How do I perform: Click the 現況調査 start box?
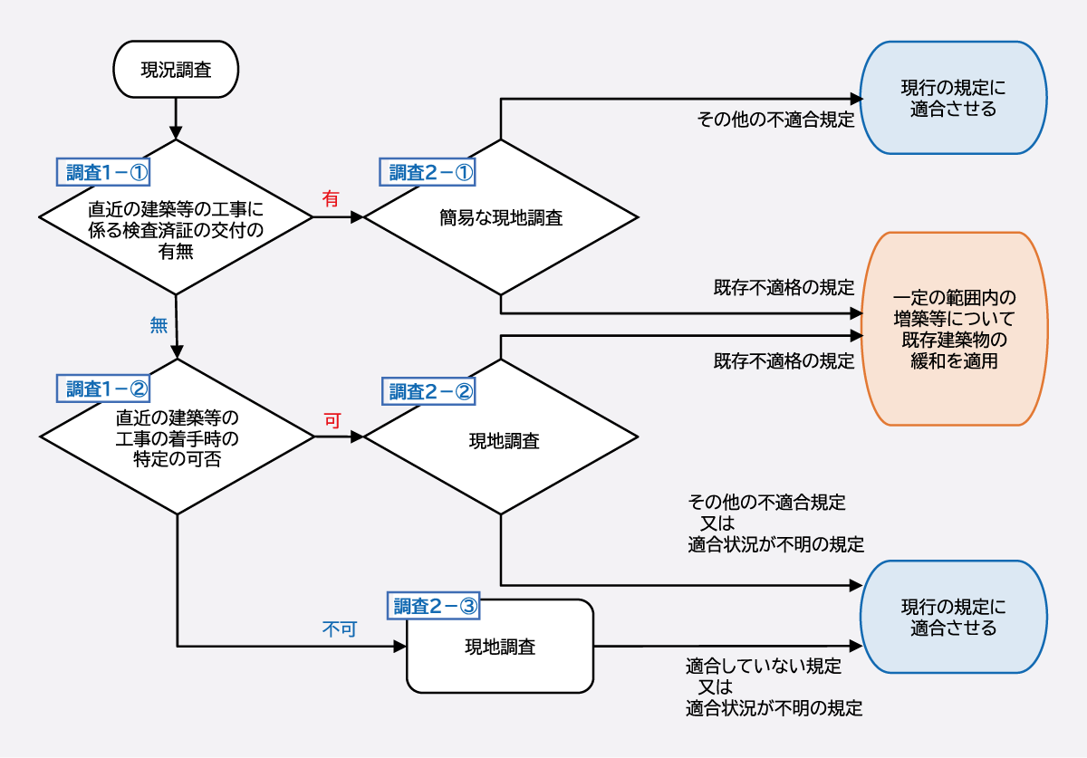click(x=176, y=70)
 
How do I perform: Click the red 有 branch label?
click(x=331, y=198)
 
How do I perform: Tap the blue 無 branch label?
click(x=158, y=325)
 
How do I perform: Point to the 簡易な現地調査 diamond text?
click(x=500, y=218)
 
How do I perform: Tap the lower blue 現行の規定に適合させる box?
click(x=953, y=617)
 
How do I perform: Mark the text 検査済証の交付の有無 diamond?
click(x=177, y=230)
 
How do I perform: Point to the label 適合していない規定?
click(x=764, y=667)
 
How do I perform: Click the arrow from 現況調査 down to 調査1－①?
click(x=176, y=118)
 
